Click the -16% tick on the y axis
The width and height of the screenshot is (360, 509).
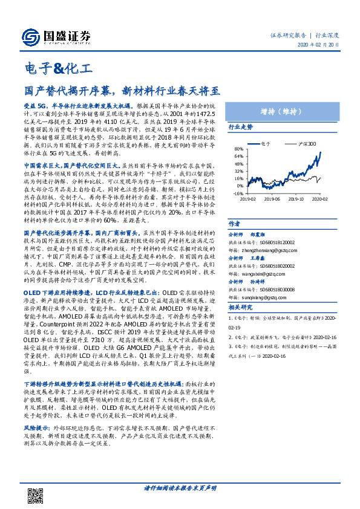pos(238,194)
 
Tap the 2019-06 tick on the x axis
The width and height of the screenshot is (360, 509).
pos(272,198)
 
